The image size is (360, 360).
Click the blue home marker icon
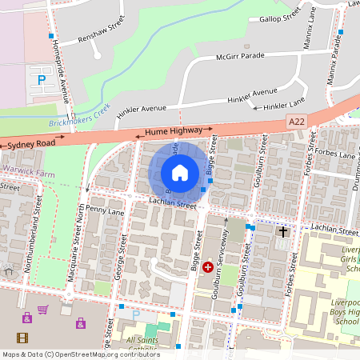(180, 172)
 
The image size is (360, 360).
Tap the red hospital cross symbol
(208, 267)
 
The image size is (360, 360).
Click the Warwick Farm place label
(32, 170)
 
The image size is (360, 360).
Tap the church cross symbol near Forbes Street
(282, 232)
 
